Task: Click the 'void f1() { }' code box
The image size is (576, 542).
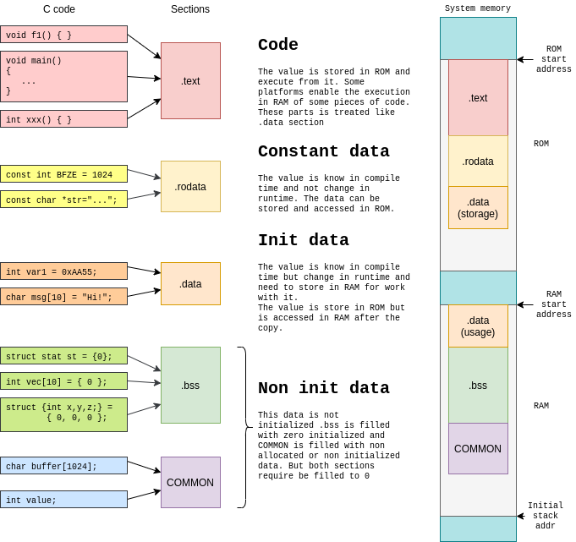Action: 63,35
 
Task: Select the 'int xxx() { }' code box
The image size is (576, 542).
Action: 63,119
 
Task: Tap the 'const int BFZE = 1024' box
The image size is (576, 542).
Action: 63,174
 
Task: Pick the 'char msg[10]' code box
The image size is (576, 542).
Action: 63,297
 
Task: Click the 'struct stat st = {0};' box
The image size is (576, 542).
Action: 63,356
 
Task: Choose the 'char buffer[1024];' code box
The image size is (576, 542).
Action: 63,466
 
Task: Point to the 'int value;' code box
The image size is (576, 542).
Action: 63,500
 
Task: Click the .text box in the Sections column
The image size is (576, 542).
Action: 190,81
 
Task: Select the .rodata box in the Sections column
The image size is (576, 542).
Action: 190,187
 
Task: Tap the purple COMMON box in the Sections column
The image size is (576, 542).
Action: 190,483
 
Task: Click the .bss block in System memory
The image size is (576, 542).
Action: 478,386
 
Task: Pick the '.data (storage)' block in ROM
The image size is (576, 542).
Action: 478,208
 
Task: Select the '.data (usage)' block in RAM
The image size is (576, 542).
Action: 478,326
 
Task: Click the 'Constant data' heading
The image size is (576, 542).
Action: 323,152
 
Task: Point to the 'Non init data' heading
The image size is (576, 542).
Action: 323,389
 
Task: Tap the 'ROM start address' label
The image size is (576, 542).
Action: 553,59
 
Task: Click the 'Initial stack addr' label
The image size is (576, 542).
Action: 545,516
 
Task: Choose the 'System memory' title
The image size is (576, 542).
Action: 478,8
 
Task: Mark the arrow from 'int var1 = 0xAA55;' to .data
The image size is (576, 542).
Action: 144,271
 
